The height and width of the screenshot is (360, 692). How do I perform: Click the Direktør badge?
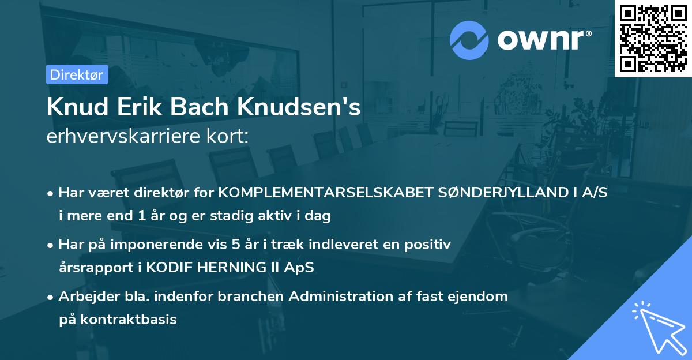77,74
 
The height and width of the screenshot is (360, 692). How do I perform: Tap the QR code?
653,38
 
